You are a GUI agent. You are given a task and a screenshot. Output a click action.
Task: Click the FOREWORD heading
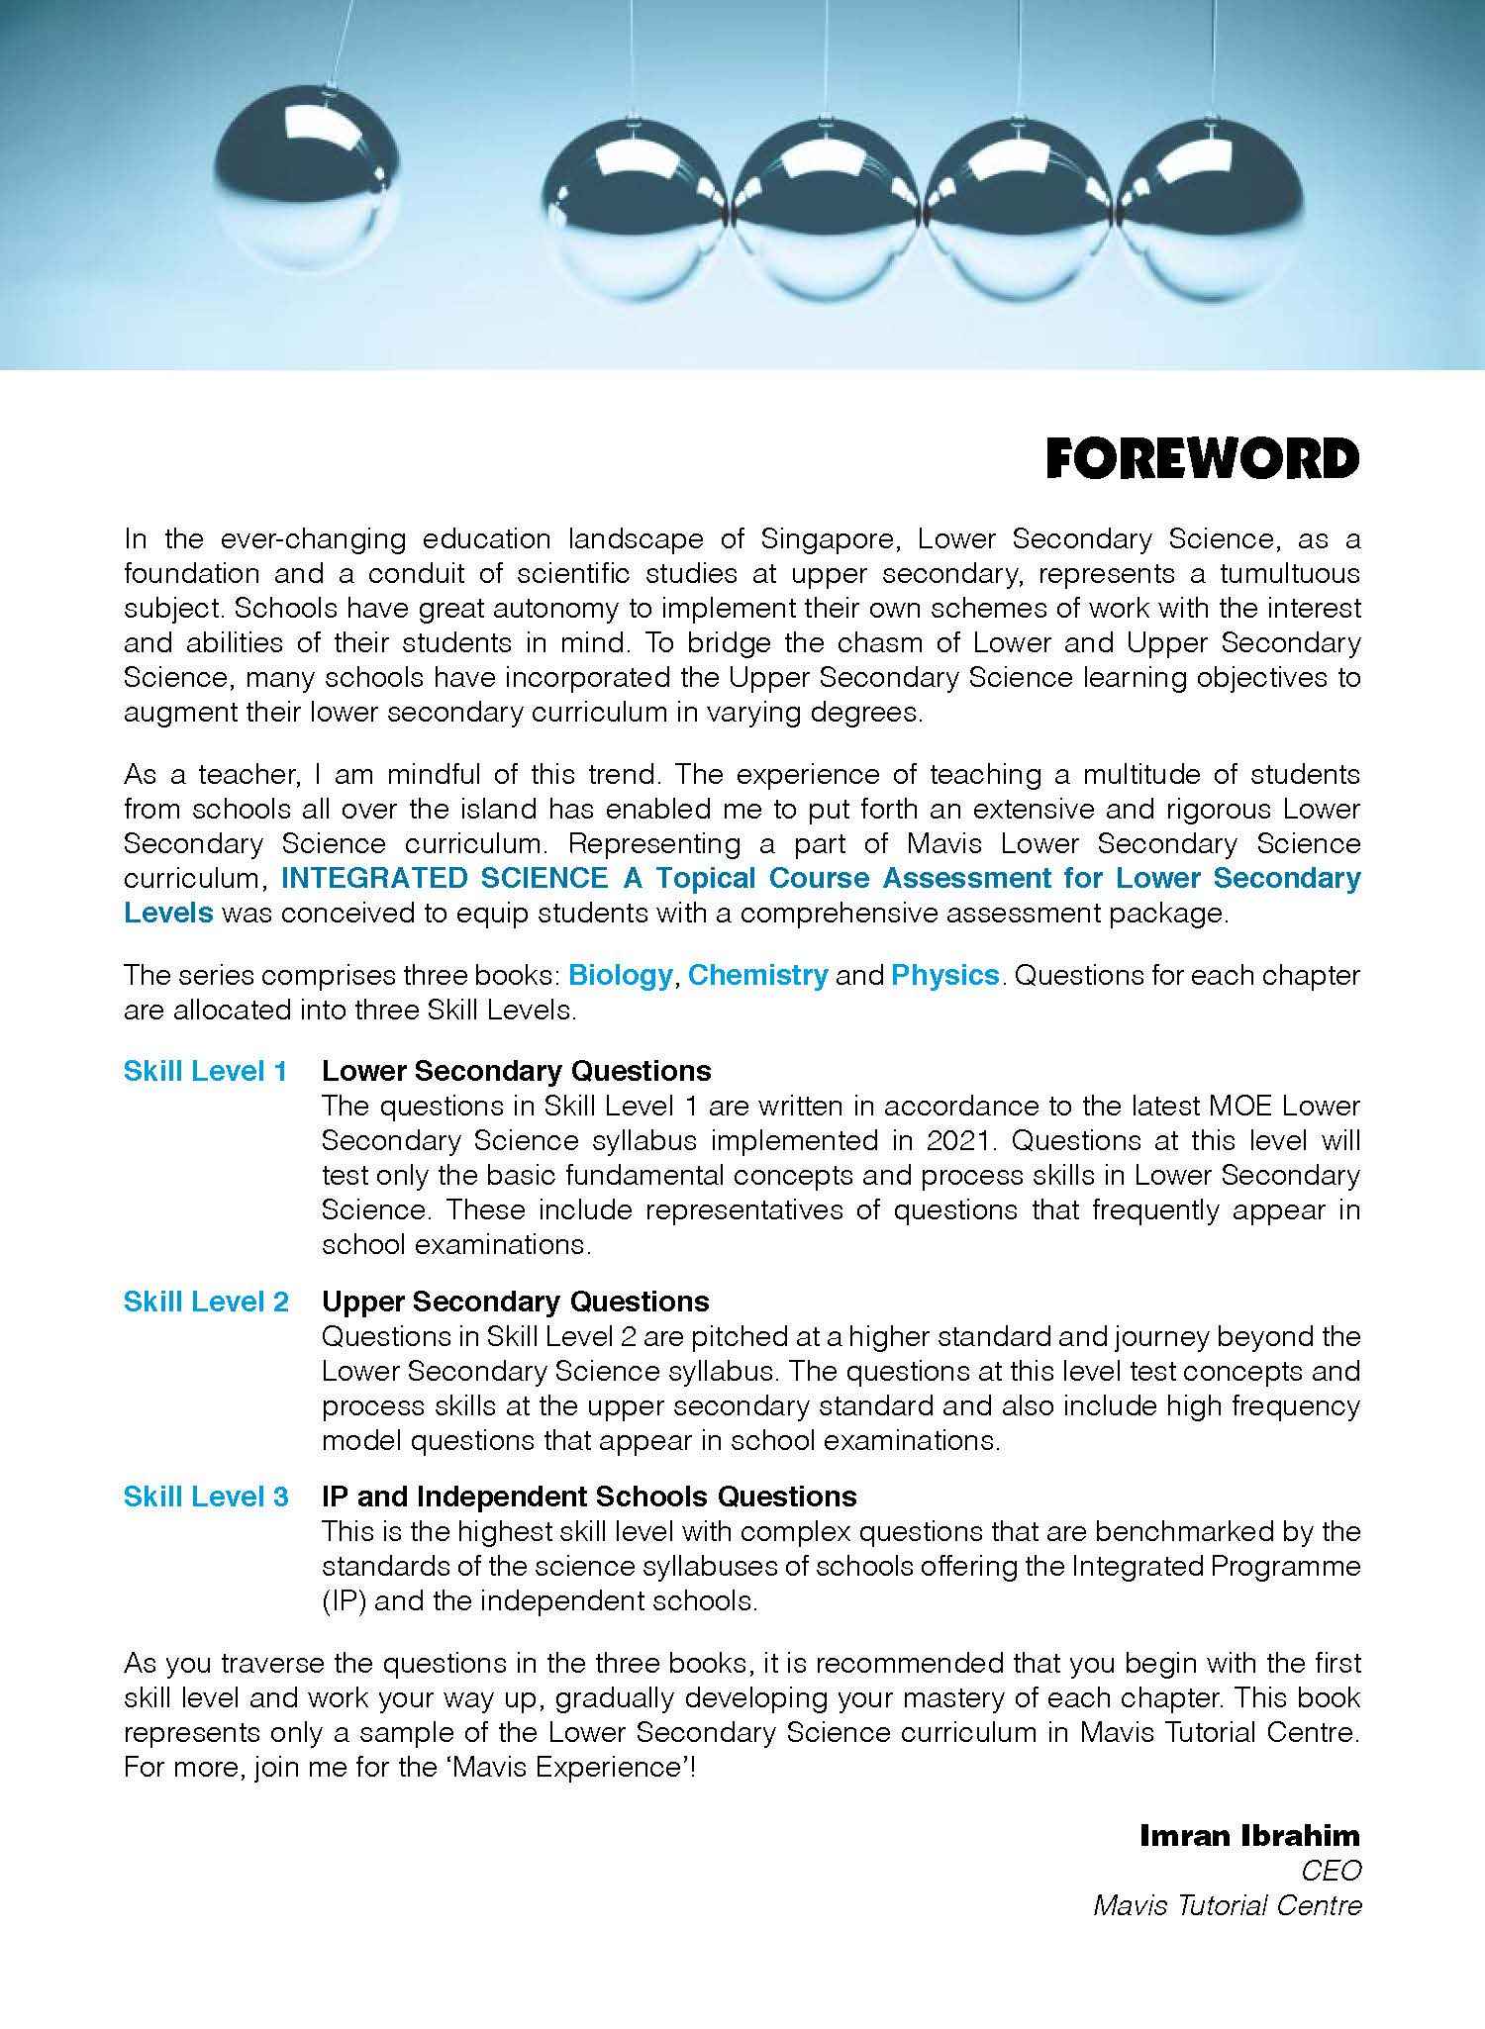pyautogui.click(x=1203, y=459)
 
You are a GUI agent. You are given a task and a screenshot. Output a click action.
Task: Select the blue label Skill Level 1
pyautogui.click(x=205, y=1071)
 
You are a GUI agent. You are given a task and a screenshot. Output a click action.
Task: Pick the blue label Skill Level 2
pyautogui.click(x=205, y=1302)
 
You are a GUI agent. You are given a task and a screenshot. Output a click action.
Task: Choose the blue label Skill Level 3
pyautogui.click(x=205, y=1497)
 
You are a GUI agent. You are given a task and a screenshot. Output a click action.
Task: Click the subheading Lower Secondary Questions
pyautogui.click(x=516, y=1071)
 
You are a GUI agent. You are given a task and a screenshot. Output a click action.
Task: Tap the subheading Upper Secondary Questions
pyautogui.click(x=515, y=1302)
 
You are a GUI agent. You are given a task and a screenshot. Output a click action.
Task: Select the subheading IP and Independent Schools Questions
pyautogui.click(x=589, y=1497)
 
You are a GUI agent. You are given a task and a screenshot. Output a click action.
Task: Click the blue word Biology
pyautogui.click(x=620, y=975)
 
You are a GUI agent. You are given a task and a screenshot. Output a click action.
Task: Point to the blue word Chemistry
pyautogui.click(x=757, y=975)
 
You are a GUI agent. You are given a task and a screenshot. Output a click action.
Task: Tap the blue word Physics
pyautogui.click(x=944, y=975)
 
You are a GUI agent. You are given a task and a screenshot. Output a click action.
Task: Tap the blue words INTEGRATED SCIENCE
pyautogui.click(x=445, y=878)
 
